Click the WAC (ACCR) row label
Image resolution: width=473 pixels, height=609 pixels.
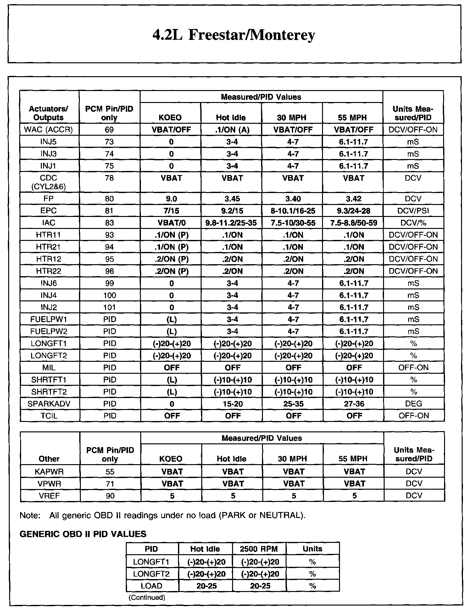48,130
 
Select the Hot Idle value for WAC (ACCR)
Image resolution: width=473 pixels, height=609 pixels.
232,130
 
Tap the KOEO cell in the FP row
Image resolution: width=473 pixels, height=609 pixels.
171,199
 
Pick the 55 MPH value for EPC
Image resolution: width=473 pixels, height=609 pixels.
353,211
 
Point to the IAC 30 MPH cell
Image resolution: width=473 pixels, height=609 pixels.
293,223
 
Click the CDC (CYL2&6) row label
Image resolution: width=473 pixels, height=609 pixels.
48,182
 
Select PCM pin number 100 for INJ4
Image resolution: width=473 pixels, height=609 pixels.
109,295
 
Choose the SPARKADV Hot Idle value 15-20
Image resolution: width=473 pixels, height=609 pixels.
233,404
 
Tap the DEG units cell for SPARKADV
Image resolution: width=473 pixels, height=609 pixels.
414,404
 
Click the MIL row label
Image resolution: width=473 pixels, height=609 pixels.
48,368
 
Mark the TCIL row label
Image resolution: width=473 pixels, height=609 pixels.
49,416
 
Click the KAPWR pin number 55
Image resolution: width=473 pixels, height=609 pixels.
110,472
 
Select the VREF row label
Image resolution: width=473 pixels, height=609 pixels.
49,496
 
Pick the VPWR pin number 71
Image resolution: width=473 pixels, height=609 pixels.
110,484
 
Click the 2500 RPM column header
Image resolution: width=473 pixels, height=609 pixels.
259,549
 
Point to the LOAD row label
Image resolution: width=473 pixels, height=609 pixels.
152,586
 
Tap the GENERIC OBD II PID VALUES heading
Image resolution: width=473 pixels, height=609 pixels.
83,534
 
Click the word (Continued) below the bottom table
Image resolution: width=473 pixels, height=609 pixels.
147,597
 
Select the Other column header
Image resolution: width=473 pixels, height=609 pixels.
49,459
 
